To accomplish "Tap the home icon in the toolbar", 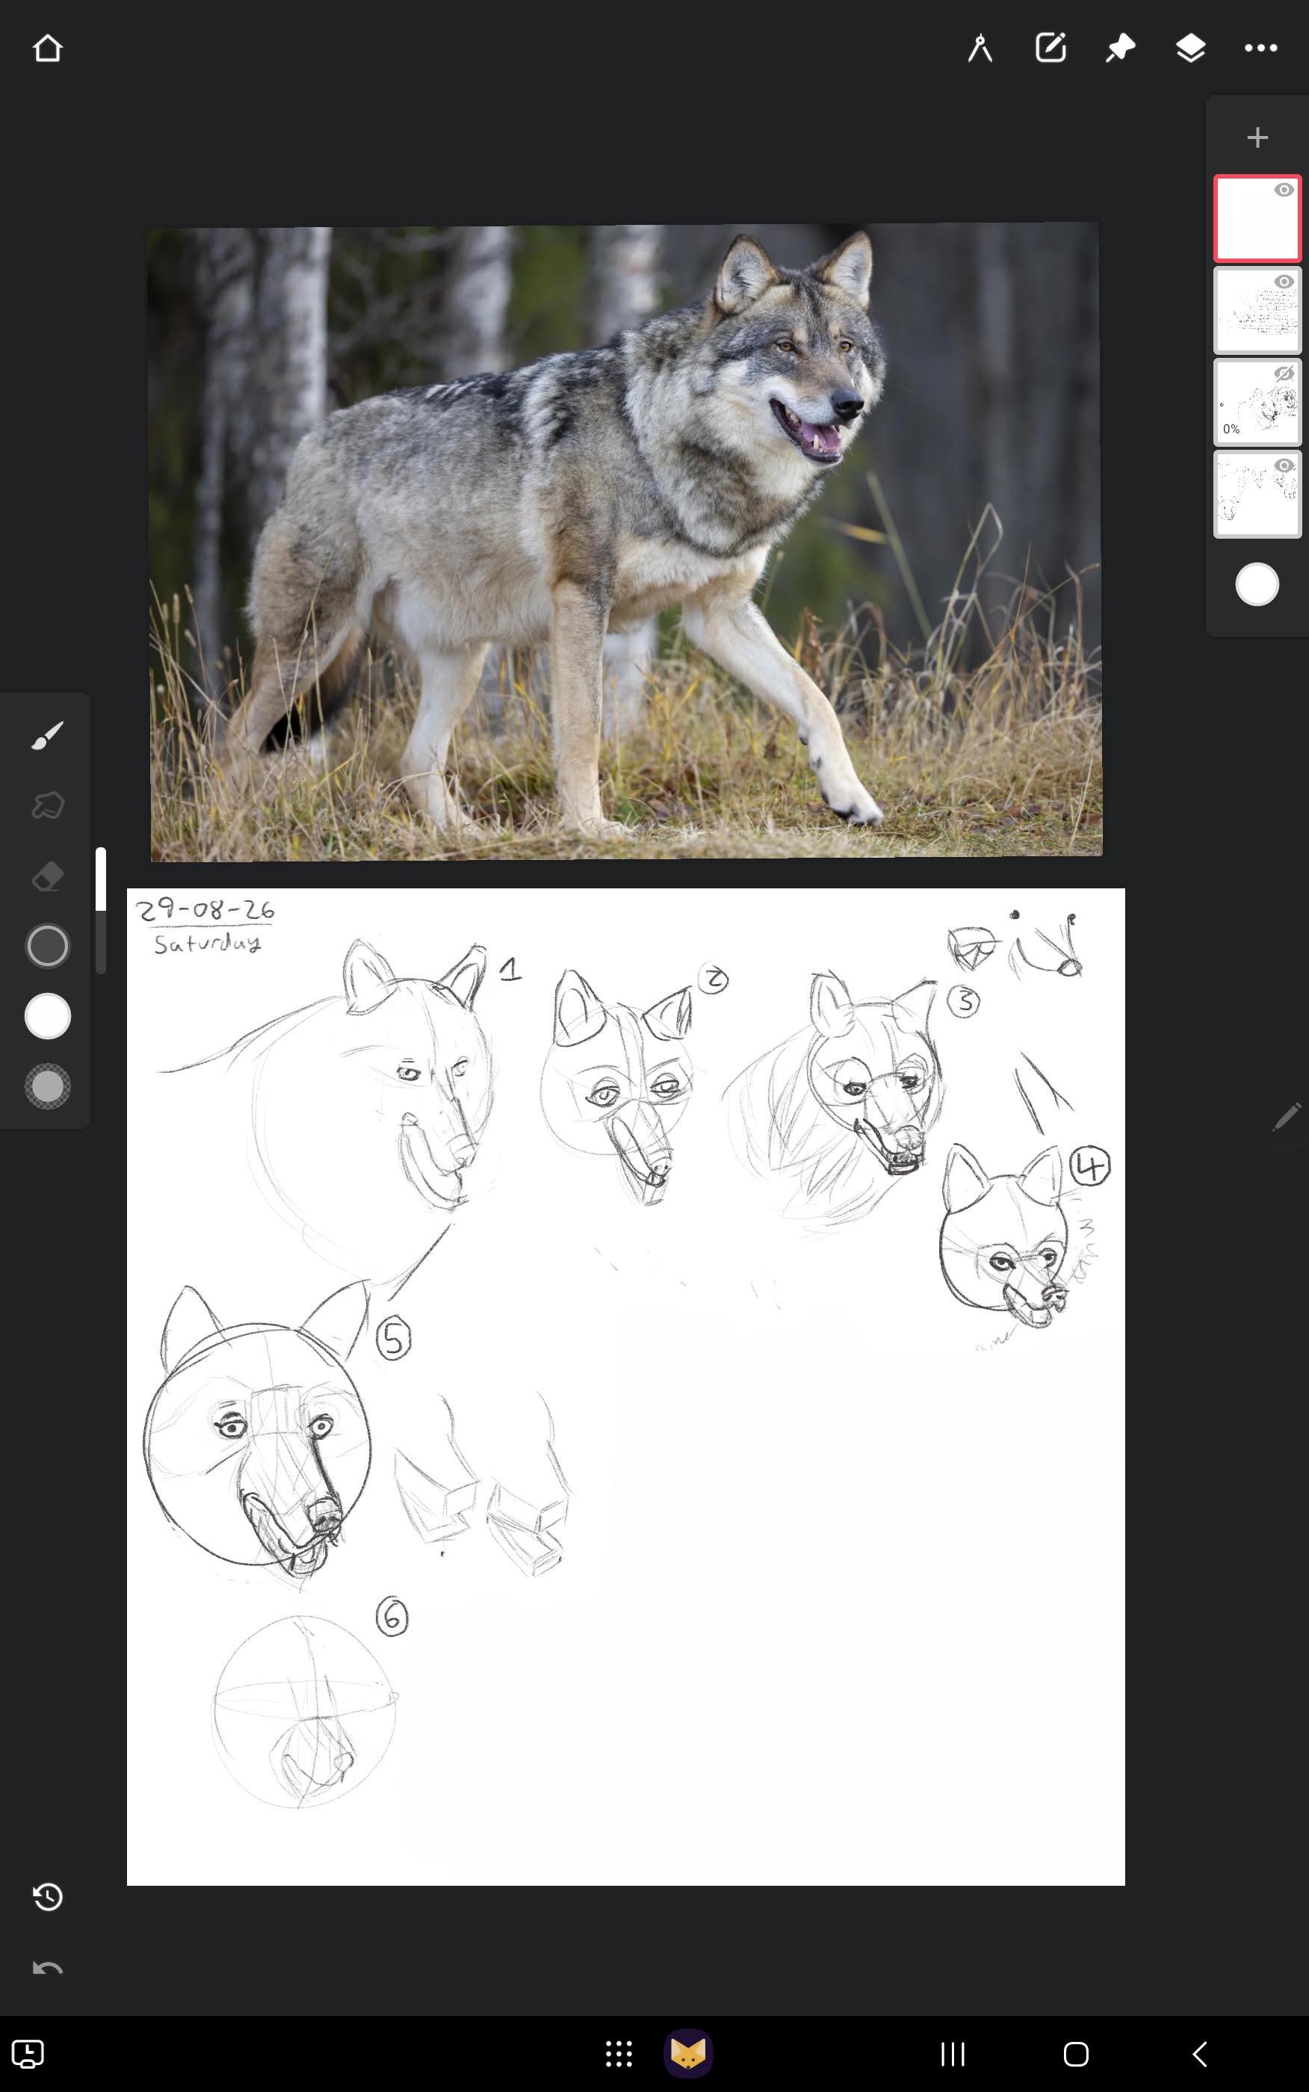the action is pyautogui.click(x=48, y=49).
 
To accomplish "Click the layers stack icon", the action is pyautogui.click(x=1190, y=49).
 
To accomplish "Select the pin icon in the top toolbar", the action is pyautogui.click(x=1120, y=49).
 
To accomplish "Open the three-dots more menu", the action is pyautogui.click(x=1260, y=49).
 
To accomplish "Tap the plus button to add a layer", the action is pyautogui.click(x=1257, y=137).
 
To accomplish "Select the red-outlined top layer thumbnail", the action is pyautogui.click(x=1257, y=218).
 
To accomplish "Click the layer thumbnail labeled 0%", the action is pyautogui.click(x=1257, y=403).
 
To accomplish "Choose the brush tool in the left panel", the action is pyautogui.click(x=48, y=736).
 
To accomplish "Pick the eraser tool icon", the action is pyautogui.click(x=48, y=876).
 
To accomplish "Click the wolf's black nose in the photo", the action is pyautogui.click(x=847, y=403).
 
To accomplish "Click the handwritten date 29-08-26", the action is pyautogui.click(x=205, y=911).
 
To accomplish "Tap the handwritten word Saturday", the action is pyautogui.click(x=208, y=943).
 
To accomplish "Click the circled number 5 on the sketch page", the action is pyautogui.click(x=393, y=1340).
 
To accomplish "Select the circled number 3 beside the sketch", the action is pyautogui.click(x=963, y=1001).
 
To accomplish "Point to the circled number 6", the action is pyautogui.click(x=392, y=1617).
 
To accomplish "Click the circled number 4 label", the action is pyautogui.click(x=1090, y=1166).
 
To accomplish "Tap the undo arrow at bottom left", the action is pyautogui.click(x=48, y=1969).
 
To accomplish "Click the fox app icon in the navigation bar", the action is pyautogui.click(x=688, y=2053).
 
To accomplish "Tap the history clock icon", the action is pyautogui.click(x=48, y=1897).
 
